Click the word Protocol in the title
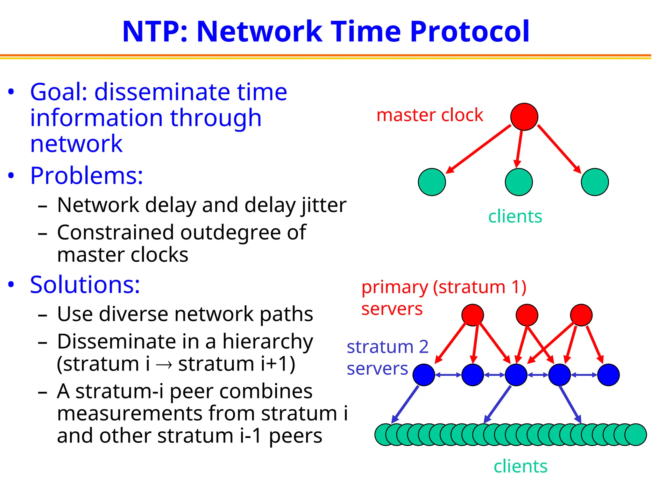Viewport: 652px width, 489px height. tap(470, 32)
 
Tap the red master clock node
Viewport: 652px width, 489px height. tap(524, 117)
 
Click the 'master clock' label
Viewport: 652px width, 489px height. tap(429, 115)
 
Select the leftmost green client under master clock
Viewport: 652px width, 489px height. tap(432, 182)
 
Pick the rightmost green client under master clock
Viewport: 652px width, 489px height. tap(594, 182)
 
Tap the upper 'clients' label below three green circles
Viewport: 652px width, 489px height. tap(515, 217)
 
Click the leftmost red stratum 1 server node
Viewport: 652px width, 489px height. tap(472, 315)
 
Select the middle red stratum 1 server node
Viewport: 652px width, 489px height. tap(527, 315)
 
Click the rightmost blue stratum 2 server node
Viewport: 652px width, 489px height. tap(608, 375)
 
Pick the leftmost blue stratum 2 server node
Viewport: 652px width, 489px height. tap(424, 375)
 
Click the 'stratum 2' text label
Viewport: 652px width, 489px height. tap(387, 347)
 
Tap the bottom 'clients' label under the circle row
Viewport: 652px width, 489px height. tap(520, 467)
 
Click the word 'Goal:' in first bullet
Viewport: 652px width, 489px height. tap(59, 92)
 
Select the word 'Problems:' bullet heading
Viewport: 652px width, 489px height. tap(86, 176)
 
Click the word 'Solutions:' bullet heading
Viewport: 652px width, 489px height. tap(85, 285)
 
